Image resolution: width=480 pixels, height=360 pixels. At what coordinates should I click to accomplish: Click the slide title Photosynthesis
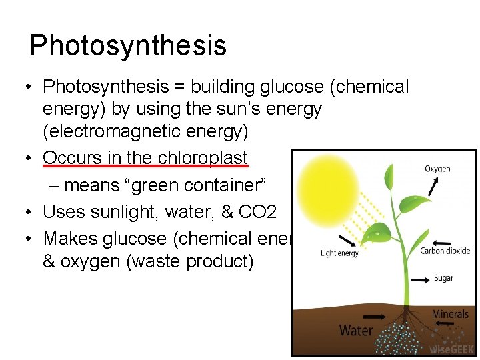pos(128,45)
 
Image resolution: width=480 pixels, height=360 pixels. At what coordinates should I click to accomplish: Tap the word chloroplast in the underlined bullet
pos(203,158)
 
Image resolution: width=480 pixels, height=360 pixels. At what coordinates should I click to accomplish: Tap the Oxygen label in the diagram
pos(437,169)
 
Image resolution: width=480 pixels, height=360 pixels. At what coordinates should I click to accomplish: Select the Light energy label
pos(339,253)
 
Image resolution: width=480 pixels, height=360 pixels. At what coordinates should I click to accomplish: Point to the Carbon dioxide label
pos(445,251)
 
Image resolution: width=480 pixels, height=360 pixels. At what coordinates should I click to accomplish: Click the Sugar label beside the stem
pos(443,277)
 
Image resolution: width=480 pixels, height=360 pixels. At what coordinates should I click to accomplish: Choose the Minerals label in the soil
pos(451,314)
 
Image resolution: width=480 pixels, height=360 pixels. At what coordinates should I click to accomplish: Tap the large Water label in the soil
pos(356,330)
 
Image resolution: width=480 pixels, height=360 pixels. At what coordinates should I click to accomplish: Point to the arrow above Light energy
pos(347,240)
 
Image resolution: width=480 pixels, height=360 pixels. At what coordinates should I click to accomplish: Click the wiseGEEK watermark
pos(452,348)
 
